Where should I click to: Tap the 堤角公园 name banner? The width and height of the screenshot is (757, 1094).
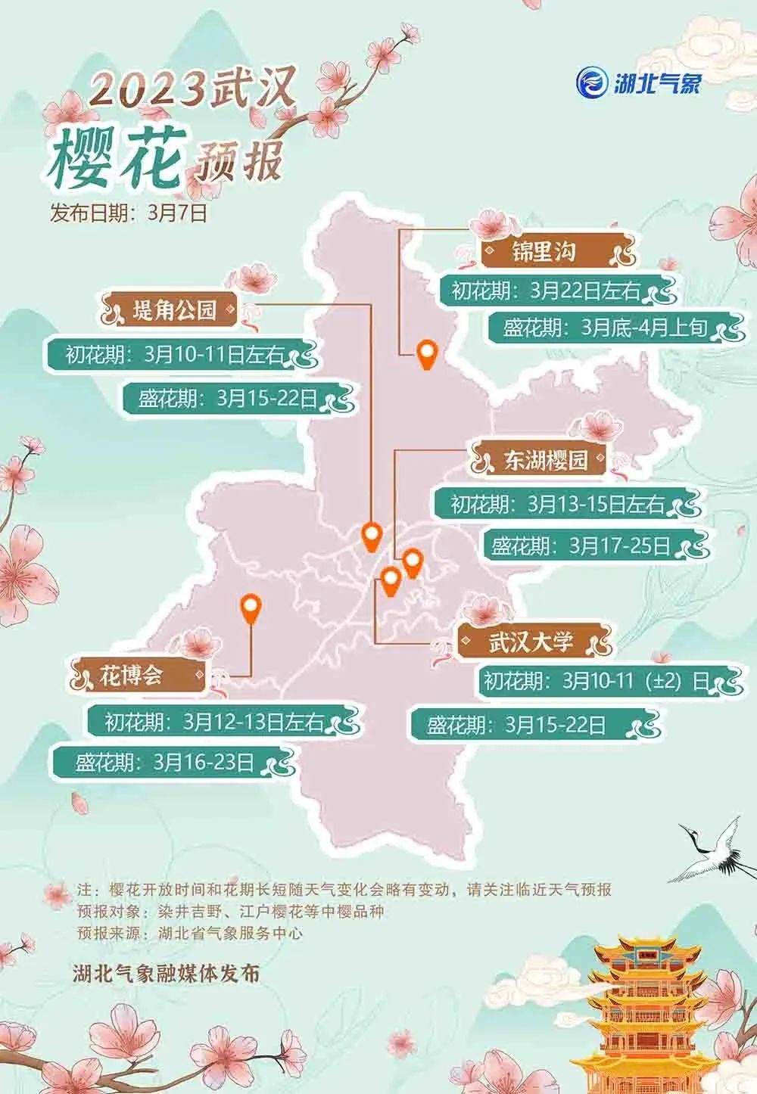(x=174, y=309)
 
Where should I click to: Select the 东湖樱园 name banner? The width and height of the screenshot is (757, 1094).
(x=545, y=459)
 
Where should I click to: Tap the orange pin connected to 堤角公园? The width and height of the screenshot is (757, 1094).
(x=370, y=536)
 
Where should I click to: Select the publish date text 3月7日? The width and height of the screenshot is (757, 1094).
(x=177, y=213)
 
